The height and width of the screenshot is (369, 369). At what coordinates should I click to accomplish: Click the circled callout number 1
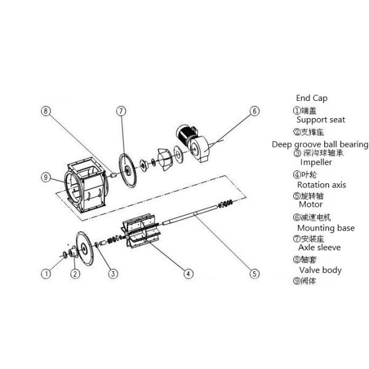pos(46,272)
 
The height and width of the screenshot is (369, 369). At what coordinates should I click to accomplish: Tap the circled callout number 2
pos(75,273)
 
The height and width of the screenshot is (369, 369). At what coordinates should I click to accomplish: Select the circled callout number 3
pos(113,272)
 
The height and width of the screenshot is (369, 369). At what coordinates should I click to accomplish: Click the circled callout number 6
pos(254,111)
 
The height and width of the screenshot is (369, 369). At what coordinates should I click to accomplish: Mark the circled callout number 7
pos(121,111)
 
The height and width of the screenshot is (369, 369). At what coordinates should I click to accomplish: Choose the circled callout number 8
pos(46,111)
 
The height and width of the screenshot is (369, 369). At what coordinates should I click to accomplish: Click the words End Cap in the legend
pos(312,98)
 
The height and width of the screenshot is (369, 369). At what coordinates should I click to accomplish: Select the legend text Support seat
pos(320,120)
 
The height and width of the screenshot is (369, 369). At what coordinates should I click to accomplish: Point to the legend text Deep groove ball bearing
pos(320,145)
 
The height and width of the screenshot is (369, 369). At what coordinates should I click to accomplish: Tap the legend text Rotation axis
pos(321,184)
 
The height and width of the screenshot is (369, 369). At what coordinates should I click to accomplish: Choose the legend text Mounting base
pos(325,228)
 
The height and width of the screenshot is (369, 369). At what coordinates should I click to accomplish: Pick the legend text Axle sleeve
pos(319,247)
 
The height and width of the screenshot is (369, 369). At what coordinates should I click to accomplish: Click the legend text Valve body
pos(320,270)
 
